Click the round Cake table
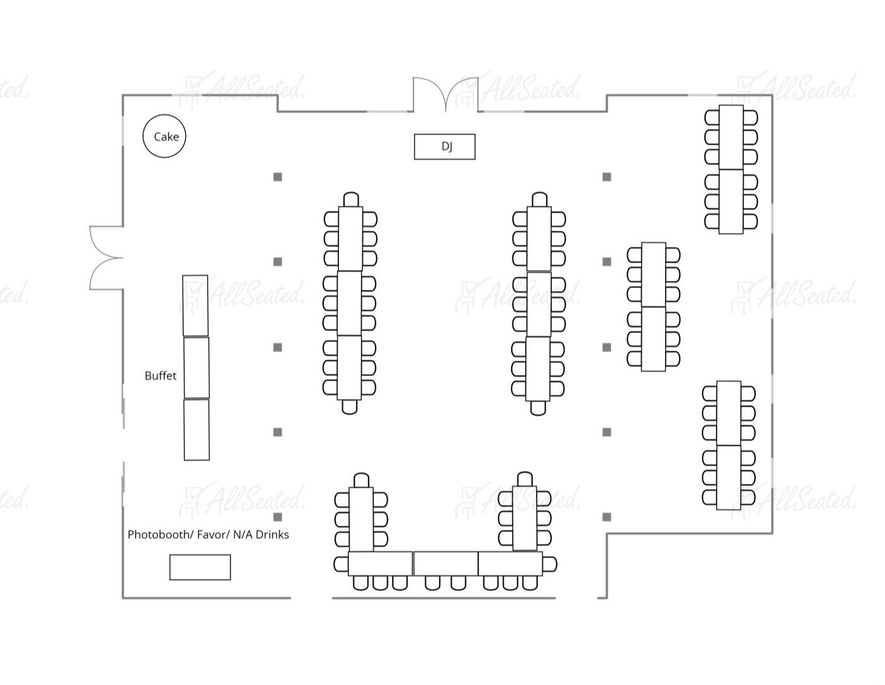coord(165,136)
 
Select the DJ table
coord(445,147)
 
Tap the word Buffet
coord(160,375)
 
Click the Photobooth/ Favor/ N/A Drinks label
coord(208,535)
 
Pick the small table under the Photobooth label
coord(200,567)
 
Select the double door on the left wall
coord(106,258)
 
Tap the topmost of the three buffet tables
coord(195,305)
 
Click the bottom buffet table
coord(196,429)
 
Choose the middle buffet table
coord(196,367)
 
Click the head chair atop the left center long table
coord(350,199)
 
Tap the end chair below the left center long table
coord(349,407)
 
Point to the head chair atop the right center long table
coord(539,199)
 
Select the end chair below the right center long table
coord(538,408)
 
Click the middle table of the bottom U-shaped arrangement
coord(445,563)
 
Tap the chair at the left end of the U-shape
coord(341,563)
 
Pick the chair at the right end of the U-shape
coord(549,563)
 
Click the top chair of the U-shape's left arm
coord(361,480)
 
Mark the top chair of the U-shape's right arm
coord(525,479)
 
